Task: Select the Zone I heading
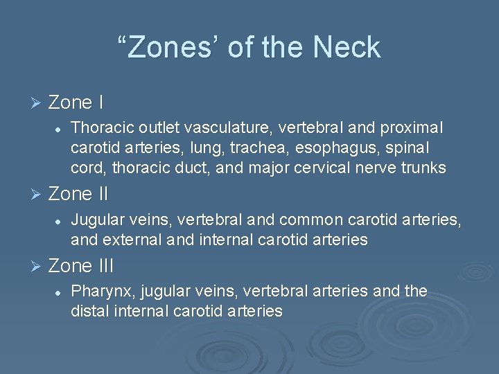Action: (x=76, y=103)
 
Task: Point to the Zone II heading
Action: (x=80, y=192)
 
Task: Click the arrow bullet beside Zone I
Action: (x=37, y=103)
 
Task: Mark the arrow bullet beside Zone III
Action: (x=37, y=266)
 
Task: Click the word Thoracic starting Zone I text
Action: (x=99, y=129)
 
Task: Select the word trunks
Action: (x=423, y=168)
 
